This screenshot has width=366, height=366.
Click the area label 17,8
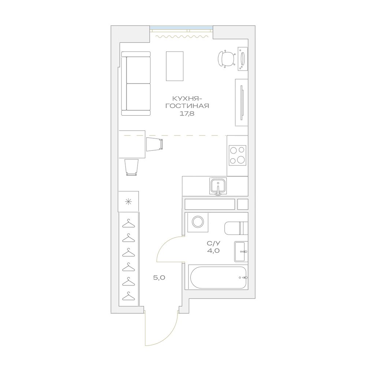pyautogui.click(x=187, y=114)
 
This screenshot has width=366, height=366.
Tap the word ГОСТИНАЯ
pyautogui.click(x=187, y=106)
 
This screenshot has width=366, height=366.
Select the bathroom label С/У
pyautogui.click(x=213, y=243)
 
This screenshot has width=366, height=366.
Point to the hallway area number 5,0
pyautogui.click(x=159, y=277)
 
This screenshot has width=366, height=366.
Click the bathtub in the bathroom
pyautogui.click(x=218, y=277)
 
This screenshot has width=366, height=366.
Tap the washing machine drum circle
pyautogui.click(x=198, y=221)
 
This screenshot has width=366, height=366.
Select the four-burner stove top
pyautogui.click(x=238, y=155)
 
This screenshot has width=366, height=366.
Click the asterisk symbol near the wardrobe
pyautogui.click(x=128, y=202)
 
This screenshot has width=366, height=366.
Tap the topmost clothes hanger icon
pyautogui.click(x=128, y=223)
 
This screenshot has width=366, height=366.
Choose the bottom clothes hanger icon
pyautogui.click(x=128, y=296)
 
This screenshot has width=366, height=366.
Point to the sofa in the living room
pyautogui.click(x=136, y=83)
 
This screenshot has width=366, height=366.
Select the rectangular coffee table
pyautogui.click(x=175, y=66)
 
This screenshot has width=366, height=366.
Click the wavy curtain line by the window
pyautogui.click(x=182, y=36)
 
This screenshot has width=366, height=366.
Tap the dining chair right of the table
pyautogui.click(x=154, y=144)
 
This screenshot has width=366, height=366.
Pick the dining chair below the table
pyautogui.click(x=131, y=167)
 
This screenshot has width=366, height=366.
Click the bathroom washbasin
pyautogui.click(x=241, y=252)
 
